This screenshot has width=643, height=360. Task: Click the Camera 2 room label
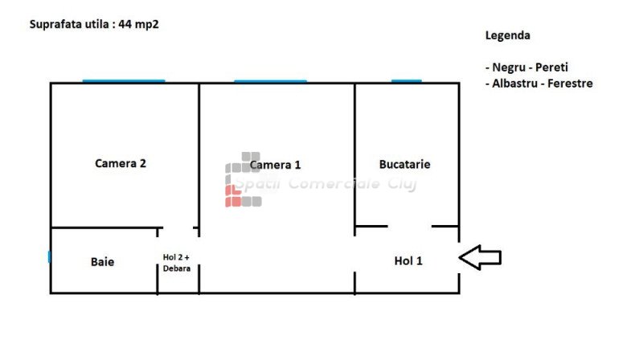click(121, 163)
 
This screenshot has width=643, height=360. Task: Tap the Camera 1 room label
click(275, 165)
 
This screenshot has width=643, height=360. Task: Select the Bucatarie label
click(404, 164)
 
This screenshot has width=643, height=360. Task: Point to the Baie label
click(102, 261)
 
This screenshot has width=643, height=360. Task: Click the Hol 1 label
click(408, 260)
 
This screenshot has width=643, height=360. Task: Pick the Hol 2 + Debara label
click(177, 262)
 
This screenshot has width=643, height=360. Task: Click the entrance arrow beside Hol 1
click(480, 258)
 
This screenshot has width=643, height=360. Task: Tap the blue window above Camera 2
click(124, 80)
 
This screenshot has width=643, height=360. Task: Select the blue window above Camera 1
click(270, 80)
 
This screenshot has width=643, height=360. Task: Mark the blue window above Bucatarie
click(406, 80)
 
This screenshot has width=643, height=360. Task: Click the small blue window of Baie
click(49, 257)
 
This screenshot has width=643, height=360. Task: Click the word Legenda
click(508, 36)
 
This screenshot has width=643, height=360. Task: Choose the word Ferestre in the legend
click(569, 84)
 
